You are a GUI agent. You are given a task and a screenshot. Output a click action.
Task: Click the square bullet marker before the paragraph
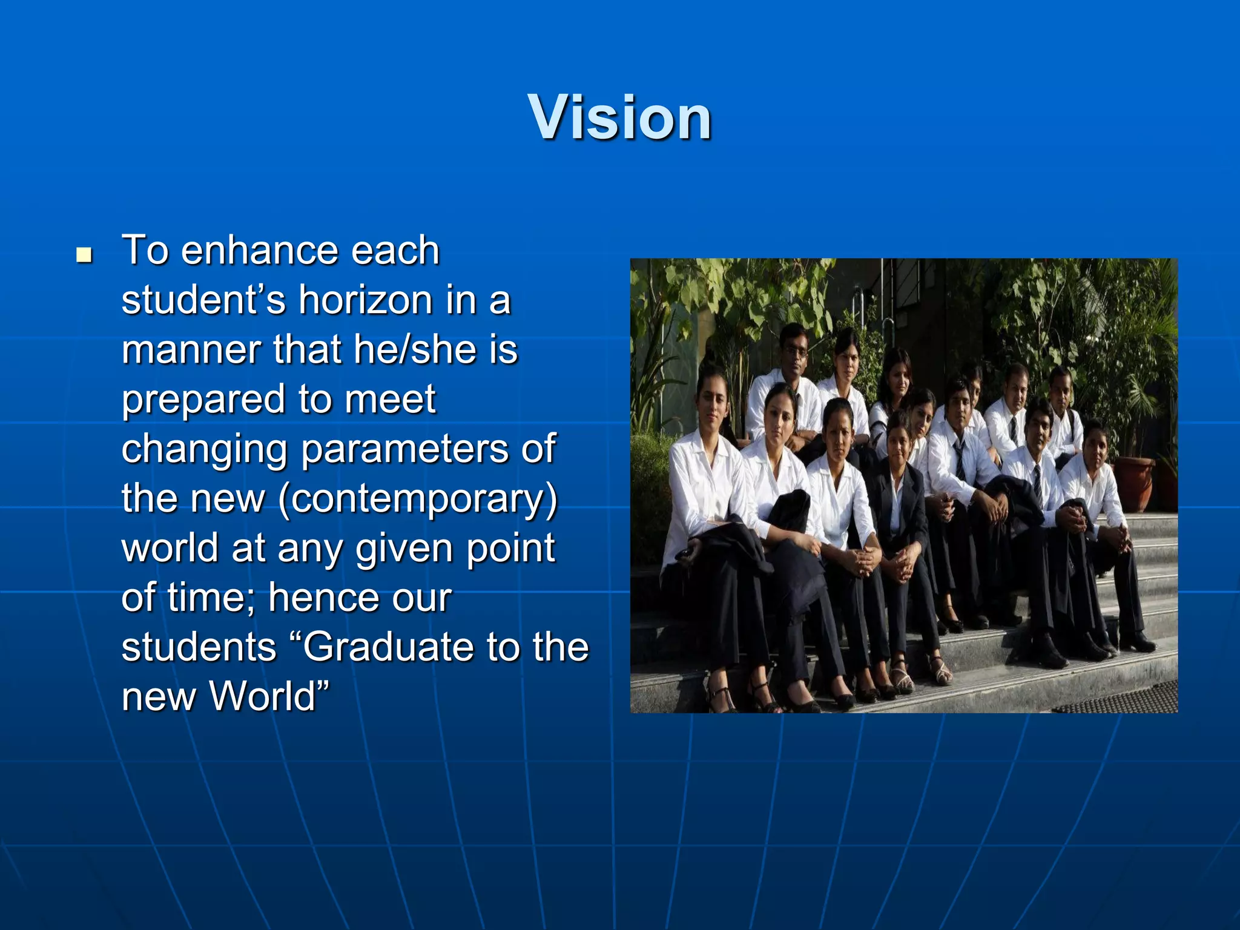pyautogui.click(x=85, y=254)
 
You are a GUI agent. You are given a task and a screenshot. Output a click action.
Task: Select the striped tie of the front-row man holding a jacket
pyautogui.click(x=1037, y=484)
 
